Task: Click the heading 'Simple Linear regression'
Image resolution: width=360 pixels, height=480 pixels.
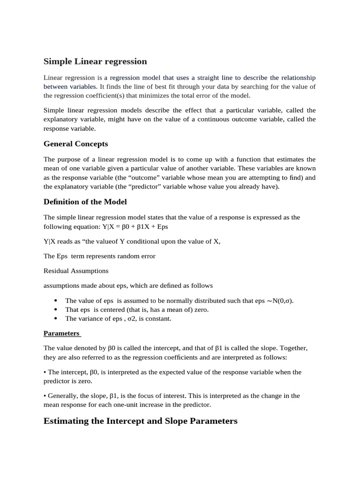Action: pos(95,61)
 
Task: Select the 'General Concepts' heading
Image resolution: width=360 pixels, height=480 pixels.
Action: pos(75,144)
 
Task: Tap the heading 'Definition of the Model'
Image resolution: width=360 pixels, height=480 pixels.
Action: pos(85,202)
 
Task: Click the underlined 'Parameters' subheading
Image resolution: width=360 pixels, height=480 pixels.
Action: pos(62,334)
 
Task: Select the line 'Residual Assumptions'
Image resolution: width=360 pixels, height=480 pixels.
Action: pos(76,271)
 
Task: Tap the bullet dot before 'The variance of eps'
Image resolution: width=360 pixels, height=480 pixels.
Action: pos(56,318)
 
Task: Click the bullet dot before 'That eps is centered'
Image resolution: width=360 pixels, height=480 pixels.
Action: pos(56,309)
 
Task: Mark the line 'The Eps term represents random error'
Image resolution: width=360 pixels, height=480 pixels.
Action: pos(99,256)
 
